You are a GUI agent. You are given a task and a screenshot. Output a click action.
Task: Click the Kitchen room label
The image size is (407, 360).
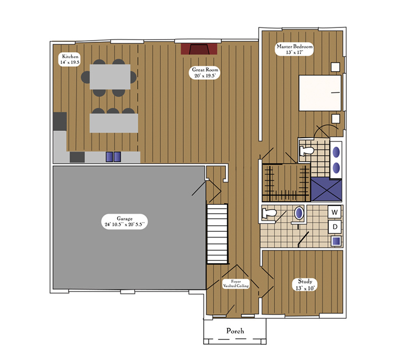pos(69,60)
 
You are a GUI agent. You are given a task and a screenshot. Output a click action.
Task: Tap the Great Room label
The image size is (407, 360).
pos(204,73)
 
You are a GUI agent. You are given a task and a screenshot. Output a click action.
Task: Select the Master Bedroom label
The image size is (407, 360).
pos(295,49)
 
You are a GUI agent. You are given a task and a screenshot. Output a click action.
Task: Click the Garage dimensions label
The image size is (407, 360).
pos(125,222)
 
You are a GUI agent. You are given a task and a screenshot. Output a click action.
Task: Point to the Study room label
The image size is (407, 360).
pos(305,285)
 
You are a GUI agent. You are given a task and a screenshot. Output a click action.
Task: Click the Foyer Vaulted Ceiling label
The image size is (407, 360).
pos(235,283)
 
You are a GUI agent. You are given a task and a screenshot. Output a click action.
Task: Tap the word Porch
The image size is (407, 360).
pos(235,330)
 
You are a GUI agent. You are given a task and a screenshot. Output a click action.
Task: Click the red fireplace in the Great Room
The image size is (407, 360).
pos(199,49)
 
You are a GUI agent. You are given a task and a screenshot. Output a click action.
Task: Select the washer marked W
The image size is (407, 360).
pos(335,212)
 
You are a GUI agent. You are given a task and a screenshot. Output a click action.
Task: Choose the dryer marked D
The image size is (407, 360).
pos(335,227)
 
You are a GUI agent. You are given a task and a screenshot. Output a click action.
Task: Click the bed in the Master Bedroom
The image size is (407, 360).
pos(320,93)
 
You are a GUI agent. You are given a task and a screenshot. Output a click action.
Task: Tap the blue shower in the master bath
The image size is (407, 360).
pos(326,190)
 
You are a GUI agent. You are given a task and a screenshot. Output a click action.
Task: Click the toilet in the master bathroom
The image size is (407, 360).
pos(307,150)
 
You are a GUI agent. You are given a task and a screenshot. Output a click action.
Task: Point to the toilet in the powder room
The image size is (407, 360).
pos(269,213)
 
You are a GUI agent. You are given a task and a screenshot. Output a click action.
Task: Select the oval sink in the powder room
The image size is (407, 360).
pos(299,213)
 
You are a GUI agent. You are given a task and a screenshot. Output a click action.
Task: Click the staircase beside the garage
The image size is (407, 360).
pos(217,234)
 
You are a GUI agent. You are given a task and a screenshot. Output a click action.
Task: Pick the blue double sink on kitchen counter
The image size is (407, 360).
pos(113,157)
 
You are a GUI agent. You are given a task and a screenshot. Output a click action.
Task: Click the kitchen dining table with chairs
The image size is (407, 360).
pos(109,78)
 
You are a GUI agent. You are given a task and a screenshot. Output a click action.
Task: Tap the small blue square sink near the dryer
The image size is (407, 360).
pos(336,241)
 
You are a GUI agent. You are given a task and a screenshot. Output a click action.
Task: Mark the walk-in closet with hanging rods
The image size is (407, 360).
pos(286,183)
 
